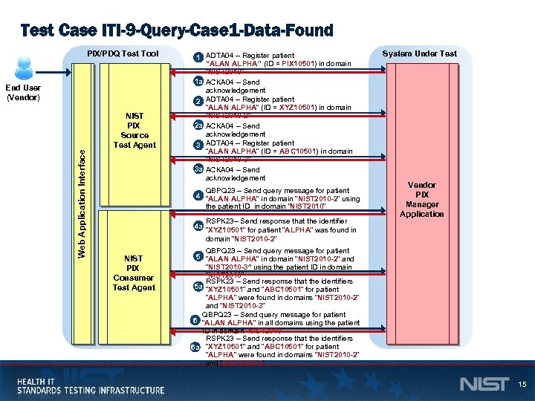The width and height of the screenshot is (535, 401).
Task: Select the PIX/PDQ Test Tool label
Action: click(x=123, y=53)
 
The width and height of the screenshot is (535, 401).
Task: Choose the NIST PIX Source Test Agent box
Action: click(x=134, y=130)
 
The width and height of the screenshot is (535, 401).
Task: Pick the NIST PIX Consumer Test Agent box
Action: click(x=134, y=273)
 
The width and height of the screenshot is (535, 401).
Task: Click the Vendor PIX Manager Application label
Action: click(x=421, y=199)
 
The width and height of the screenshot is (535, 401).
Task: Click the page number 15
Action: click(x=522, y=384)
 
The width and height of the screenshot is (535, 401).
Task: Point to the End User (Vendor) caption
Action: click(x=23, y=91)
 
